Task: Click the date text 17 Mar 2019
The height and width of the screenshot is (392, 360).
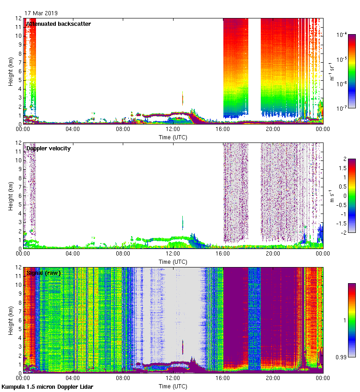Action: (x=41, y=13)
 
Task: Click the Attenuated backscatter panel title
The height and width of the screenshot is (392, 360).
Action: (x=59, y=24)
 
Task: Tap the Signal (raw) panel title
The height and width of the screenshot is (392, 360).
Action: (x=43, y=273)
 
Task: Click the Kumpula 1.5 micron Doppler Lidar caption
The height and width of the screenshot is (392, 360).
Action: (x=47, y=386)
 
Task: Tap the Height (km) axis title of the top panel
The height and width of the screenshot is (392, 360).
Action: (x=10, y=71)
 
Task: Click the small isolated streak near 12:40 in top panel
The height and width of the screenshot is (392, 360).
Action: (x=183, y=98)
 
